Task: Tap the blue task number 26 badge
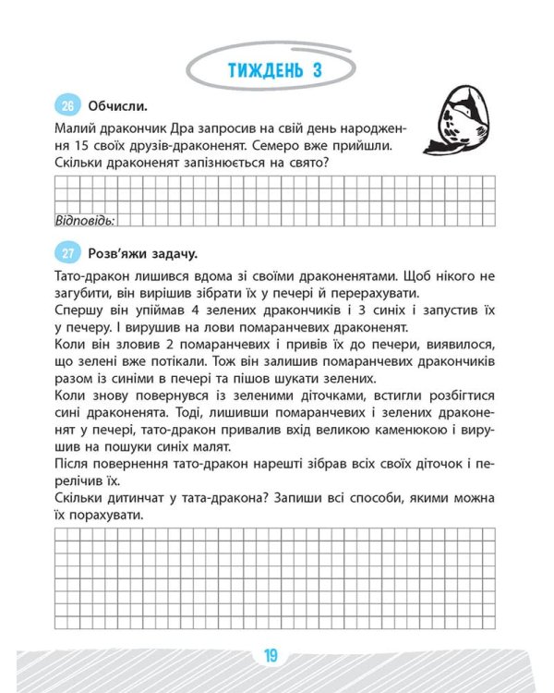coord(66,104)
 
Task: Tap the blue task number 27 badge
coord(66,253)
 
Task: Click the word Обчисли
coord(118,105)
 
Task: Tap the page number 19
coord(271,657)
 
